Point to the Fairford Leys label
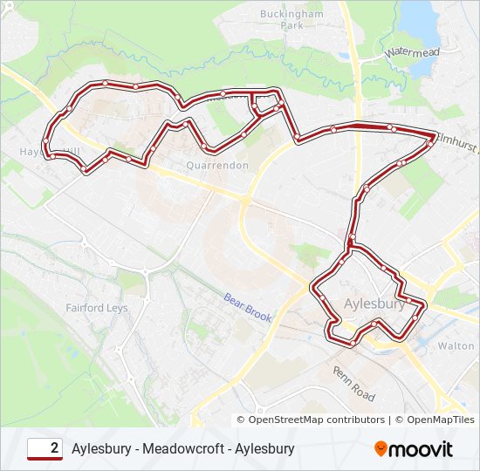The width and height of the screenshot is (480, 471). (x=97, y=308)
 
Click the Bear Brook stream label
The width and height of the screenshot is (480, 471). (x=249, y=307)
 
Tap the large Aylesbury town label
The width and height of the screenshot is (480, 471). (x=375, y=304)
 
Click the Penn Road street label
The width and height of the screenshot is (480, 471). (x=353, y=383)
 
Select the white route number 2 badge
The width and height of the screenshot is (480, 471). (x=45, y=448)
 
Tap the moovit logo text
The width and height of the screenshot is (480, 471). (x=422, y=449)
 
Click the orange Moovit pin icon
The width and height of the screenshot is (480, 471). (x=381, y=448)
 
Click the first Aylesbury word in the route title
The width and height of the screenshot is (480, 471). (x=102, y=448)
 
